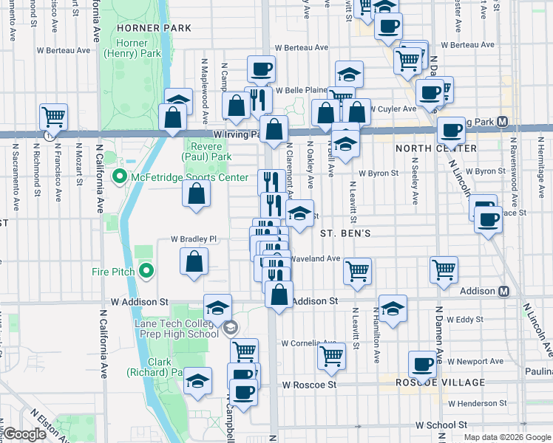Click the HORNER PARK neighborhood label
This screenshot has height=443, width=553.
(x=154, y=28)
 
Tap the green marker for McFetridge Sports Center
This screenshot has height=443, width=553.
(x=118, y=178)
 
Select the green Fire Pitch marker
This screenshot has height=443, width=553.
(x=146, y=272)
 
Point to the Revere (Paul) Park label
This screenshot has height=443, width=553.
(x=208, y=151)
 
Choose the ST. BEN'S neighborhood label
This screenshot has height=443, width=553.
(x=344, y=233)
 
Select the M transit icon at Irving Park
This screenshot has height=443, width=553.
(x=503, y=121)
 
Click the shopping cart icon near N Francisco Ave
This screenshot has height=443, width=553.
(x=53, y=116)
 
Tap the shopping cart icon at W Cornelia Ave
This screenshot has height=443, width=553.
(x=332, y=356)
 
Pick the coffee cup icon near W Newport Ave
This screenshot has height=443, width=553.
(x=423, y=363)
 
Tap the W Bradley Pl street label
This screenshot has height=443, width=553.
(x=194, y=239)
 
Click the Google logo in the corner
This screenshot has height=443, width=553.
(x=25, y=434)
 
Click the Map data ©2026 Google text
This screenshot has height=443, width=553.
(x=506, y=437)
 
